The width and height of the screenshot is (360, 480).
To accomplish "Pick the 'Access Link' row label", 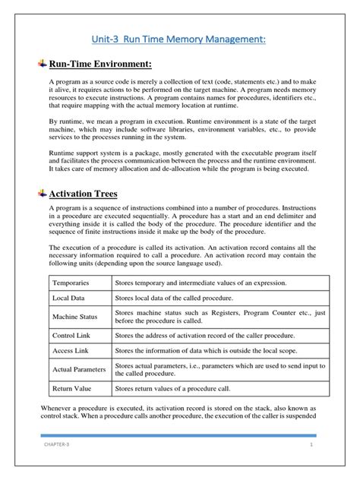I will click(70, 351).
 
